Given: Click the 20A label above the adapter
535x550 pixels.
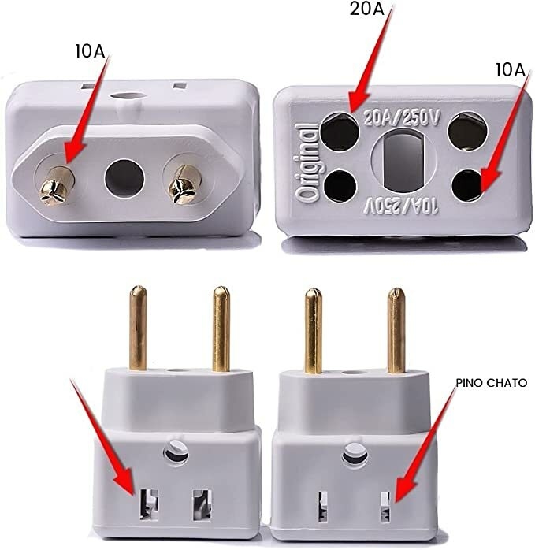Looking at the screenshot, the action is tap(366, 9).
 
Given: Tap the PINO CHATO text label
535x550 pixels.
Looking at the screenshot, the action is tap(491, 383).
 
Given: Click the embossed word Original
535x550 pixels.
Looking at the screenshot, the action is tap(307, 163).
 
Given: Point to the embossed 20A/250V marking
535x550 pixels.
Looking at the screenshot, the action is tap(401, 118).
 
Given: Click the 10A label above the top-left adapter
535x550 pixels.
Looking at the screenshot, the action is tap(90, 51).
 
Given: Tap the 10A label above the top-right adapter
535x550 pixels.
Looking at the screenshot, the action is tap(511, 70).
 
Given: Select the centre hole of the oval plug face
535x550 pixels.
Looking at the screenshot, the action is tap(124, 179).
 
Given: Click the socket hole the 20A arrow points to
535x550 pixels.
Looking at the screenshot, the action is tap(340, 132).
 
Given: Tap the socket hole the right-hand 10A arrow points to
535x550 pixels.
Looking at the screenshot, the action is tap(468, 186).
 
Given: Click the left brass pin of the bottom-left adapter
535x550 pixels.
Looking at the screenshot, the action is tap(138, 329).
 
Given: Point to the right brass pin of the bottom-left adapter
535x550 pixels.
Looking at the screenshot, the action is tap(221, 329).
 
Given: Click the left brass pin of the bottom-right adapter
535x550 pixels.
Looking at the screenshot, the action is tap(314, 331).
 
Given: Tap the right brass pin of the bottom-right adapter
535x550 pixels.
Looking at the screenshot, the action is tap(396, 330).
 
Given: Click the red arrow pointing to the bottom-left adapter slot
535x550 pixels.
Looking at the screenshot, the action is tap(102, 437).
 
